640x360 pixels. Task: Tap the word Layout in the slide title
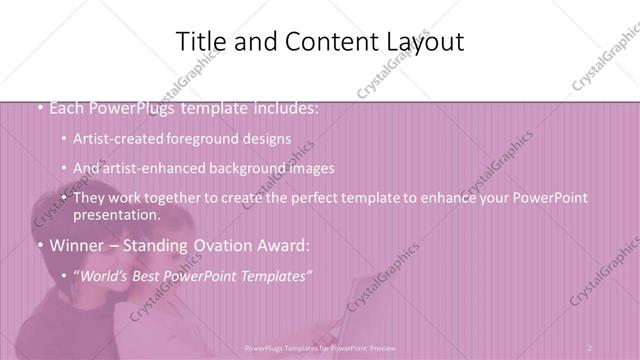(421, 42)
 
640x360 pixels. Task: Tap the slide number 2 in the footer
(590, 348)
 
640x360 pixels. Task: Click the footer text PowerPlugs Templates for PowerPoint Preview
(319, 348)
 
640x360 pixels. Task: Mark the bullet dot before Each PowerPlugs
(38, 108)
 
